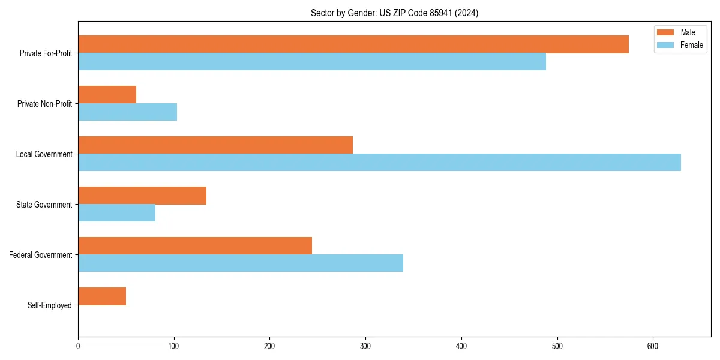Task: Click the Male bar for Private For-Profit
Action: (x=353, y=44)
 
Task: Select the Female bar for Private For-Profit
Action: (x=312, y=62)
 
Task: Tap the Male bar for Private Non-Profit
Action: (x=107, y=95)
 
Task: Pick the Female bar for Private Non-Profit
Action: (x=127, y=112)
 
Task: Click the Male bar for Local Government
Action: (x=215, y=145)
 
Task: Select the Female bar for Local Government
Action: (x=379, y=163)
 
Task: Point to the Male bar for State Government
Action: (x=142, y=196)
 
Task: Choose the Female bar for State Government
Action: (x=116, y=213)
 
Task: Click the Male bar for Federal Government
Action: (x=195, y=246)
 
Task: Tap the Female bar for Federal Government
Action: (x=241, y=263)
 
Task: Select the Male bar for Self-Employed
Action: (x=102, y=296)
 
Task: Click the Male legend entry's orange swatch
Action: (x=665, y=32)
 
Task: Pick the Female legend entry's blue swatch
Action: (x=665, y=45)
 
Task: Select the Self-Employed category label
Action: (x=50, y=305)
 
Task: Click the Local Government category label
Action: (x=44, y=154)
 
